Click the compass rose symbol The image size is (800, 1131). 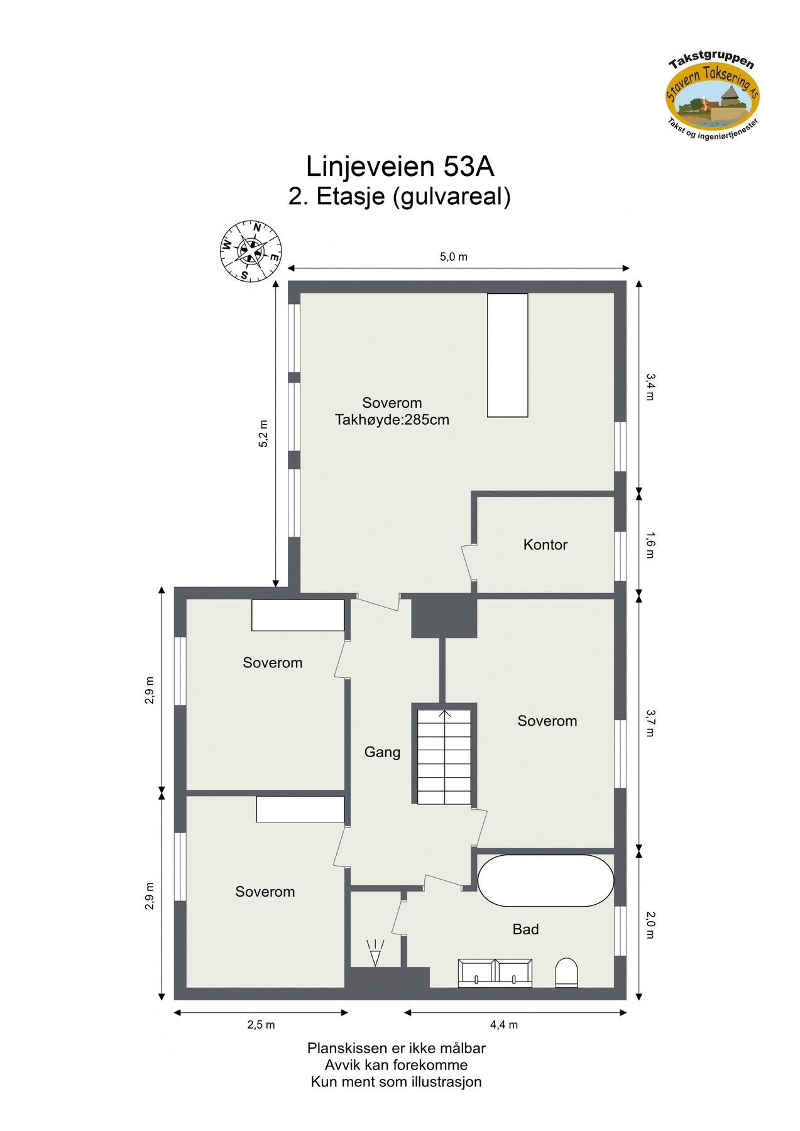point(250,251)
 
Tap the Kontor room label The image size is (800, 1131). point(545,545)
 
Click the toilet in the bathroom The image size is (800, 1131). point(566,972)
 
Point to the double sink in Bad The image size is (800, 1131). point(495,973)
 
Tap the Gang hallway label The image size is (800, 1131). point(382,752)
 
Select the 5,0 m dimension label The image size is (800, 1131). point(453,257)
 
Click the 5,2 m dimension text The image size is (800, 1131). point(263,434)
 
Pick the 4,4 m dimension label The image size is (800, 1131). point(504,1025)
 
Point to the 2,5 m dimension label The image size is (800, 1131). point(261,1025)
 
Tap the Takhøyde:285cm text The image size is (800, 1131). point(392,420)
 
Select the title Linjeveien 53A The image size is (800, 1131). point(400,167)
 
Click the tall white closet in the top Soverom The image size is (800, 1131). point(507,355)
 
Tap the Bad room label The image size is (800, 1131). point(525,929)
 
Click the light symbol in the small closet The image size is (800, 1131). point(375,953)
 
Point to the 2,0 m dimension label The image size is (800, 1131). point(650,926)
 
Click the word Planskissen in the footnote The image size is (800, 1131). point(337,1048)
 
